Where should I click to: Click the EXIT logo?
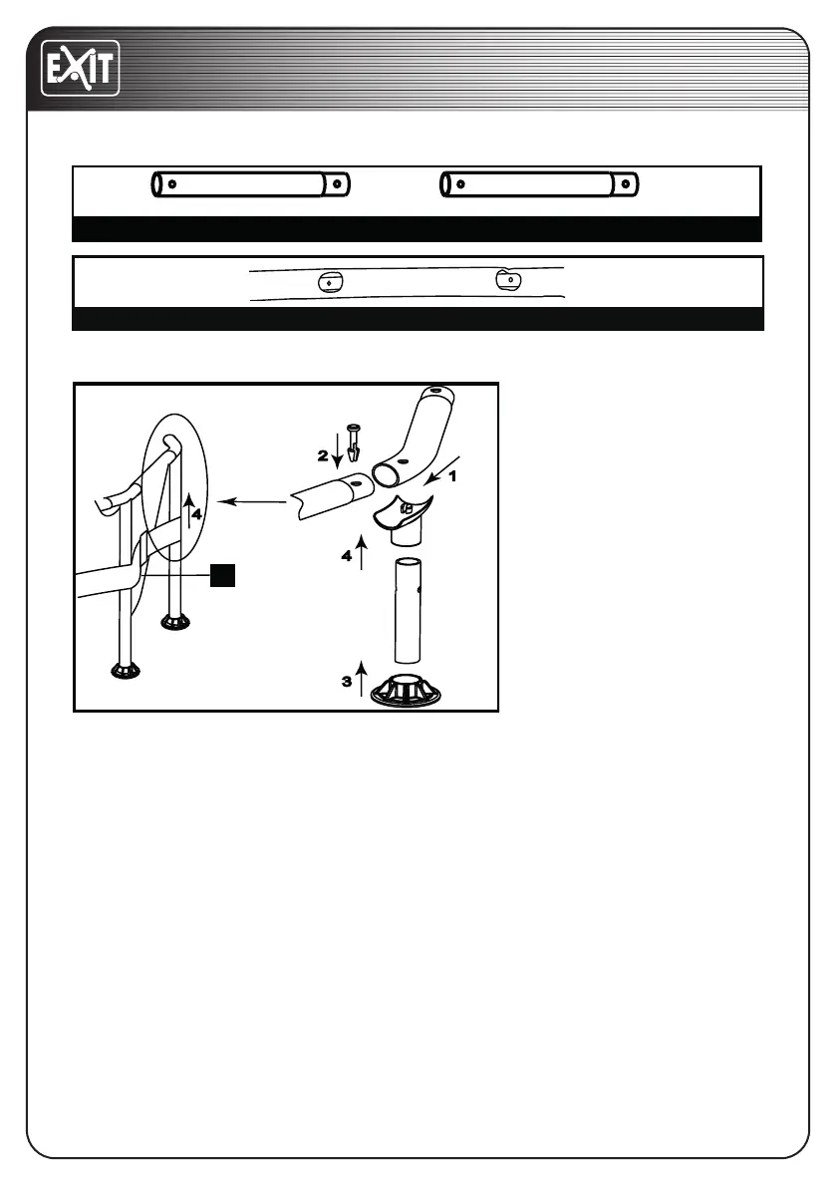(x=80, y=68)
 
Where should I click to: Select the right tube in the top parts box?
(x=539, y=184)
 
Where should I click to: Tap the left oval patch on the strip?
(x=328, y=282)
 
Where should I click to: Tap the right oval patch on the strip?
(x=509, y=280)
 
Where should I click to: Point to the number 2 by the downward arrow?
(x=323, y=455)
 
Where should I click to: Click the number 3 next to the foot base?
(x=347, y=683)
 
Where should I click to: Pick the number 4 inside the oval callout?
(x=196, y=514)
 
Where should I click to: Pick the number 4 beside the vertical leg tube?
(x=347, y=556)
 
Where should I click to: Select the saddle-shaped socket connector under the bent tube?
(x=403, y=514)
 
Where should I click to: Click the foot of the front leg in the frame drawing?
(x=127, y=671)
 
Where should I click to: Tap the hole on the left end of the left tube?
(x=172, y=184)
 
